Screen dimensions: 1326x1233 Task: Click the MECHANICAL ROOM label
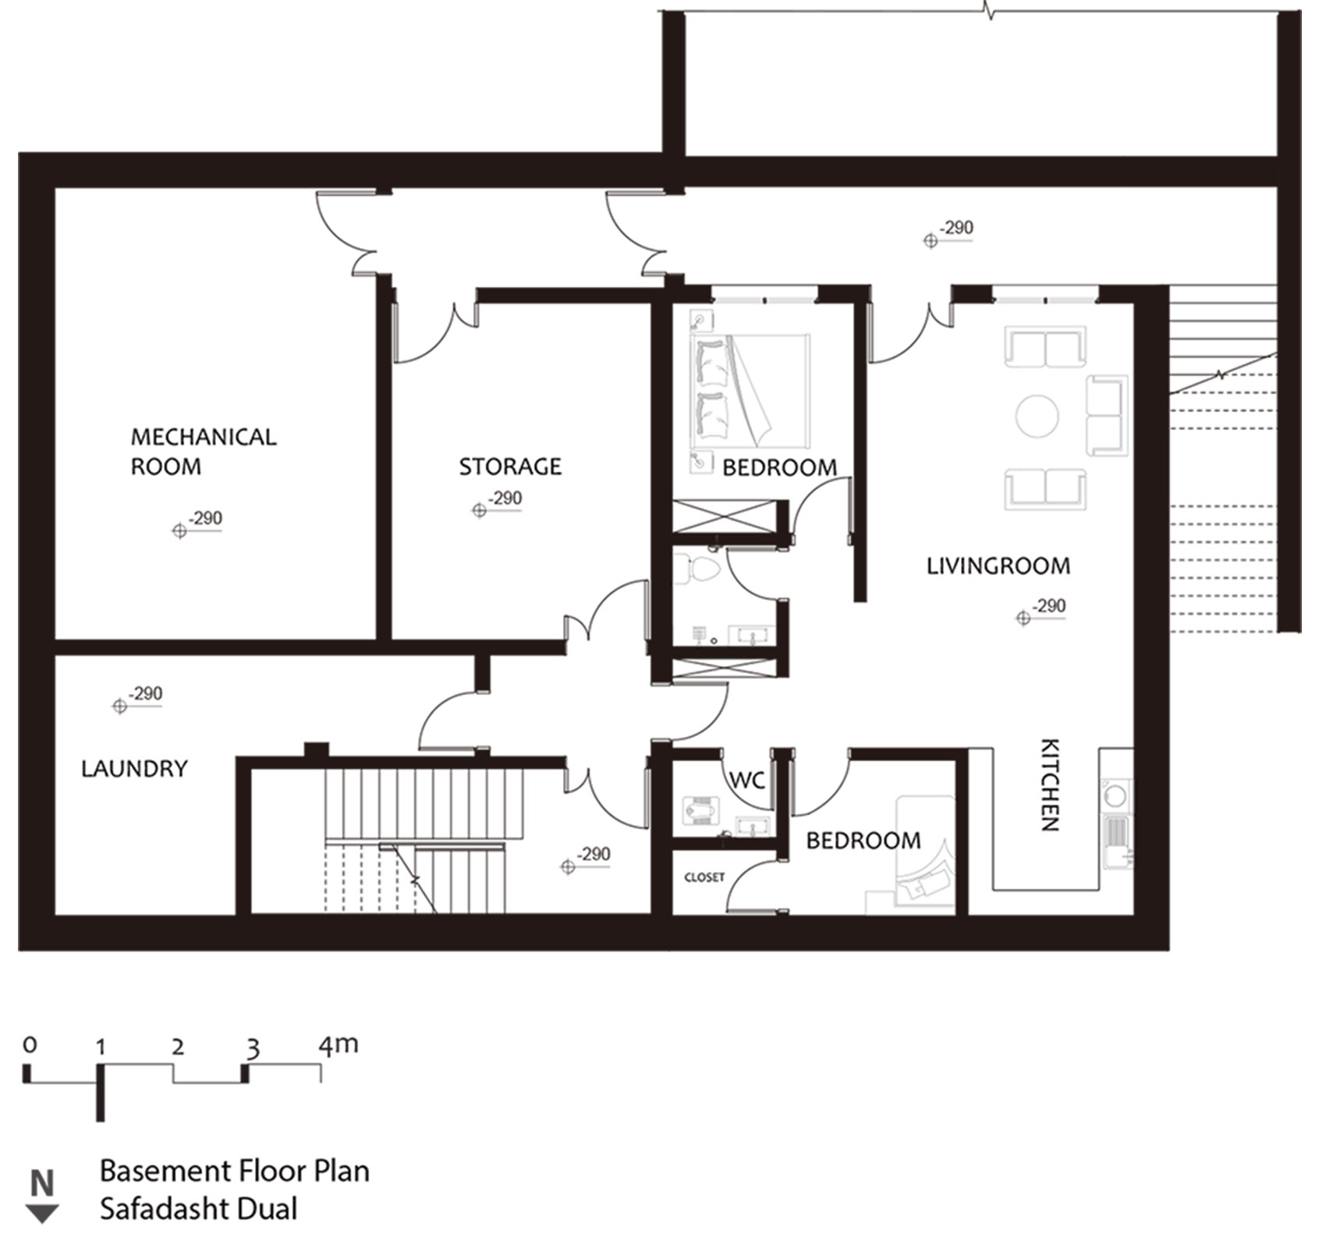tap(204, 452)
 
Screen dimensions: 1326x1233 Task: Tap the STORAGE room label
tap(510, 466)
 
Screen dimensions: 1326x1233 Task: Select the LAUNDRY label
tap(135, 769)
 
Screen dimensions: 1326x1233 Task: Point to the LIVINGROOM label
tap(998, 566)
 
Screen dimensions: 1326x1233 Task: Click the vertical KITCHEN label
tap(1050, 785)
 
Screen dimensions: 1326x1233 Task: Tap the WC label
tap(746, 780)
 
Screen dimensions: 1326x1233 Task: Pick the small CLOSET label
tap(704, 877)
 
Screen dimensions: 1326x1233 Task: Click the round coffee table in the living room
tap(1037, 416)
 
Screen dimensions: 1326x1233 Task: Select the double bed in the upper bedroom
tap(751, 388)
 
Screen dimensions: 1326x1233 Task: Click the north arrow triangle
tap(43, 1213)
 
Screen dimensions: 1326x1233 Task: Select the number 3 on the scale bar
tap(252, 1050)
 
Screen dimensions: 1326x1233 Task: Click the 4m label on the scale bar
tap(338, 1045)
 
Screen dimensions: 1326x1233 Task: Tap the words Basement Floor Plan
tap(235, 1171)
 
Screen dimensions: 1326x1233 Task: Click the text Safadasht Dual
tap(199, 1208)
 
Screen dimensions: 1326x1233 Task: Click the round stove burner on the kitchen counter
tap(1116, 795)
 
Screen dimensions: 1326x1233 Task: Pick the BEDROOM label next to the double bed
tap(780, 467)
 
